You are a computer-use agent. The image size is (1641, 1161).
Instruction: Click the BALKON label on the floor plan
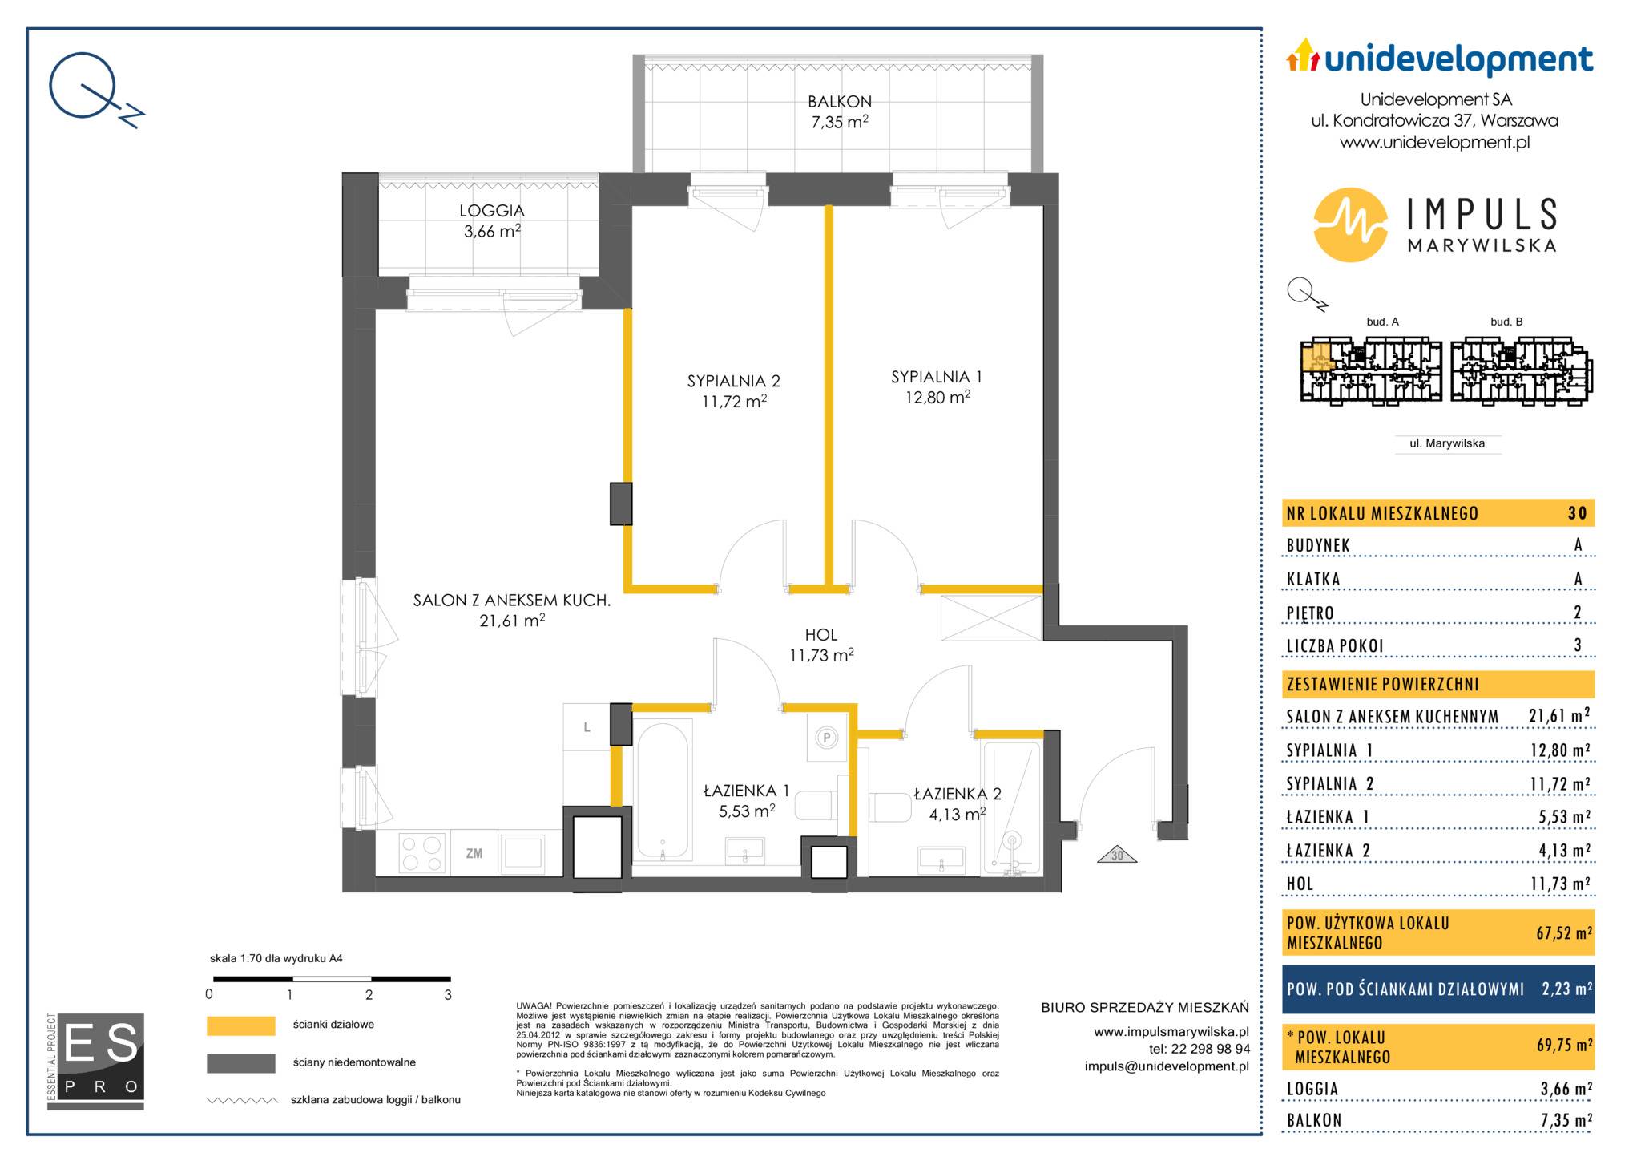[839, 102]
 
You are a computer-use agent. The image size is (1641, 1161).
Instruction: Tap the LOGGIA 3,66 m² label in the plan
[492, 220]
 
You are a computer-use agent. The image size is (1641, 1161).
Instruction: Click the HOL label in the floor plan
[821, 635]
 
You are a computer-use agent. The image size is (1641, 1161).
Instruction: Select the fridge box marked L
[587, 727]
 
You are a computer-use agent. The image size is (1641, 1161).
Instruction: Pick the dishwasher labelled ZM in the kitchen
[474, 853]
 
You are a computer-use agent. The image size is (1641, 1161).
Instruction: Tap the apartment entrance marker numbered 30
[1117, 856]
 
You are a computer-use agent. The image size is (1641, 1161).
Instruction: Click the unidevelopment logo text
[1458, 60]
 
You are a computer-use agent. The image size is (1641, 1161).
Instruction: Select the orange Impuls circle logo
[1350, 225]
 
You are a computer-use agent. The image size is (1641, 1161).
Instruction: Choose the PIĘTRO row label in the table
[1311, 613]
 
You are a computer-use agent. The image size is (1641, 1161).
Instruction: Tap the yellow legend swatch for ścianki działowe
[240, 1025]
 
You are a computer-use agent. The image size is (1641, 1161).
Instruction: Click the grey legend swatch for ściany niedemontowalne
[240, 1063]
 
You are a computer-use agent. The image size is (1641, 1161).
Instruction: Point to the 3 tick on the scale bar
[448, 995]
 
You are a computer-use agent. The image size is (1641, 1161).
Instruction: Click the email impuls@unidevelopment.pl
[1167, 1066]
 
